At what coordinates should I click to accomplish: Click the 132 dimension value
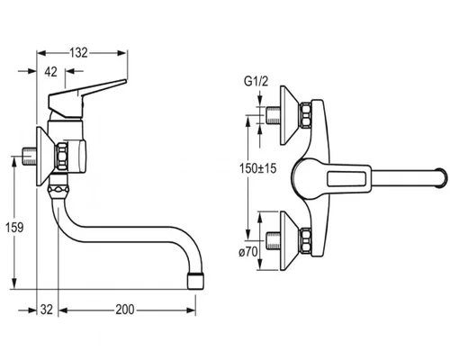coord(78,53)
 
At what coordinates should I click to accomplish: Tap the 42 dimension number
coord(50,72)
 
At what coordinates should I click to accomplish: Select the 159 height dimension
coord(14,227)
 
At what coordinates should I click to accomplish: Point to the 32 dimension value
coord(47,310)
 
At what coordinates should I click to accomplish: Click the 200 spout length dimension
coord(125,310)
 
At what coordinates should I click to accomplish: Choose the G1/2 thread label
coord(256,81)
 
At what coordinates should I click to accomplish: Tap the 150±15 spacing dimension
coord(257,168)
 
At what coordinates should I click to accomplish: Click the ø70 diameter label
coord(248,252)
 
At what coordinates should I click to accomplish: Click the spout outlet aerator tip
coord(195,281)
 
